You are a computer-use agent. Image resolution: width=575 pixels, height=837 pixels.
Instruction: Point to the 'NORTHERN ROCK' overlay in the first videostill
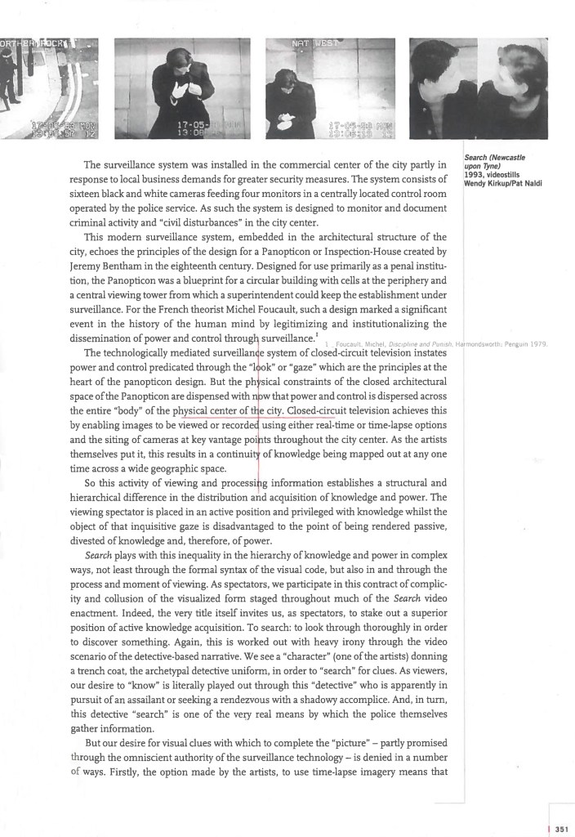point(37,42)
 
